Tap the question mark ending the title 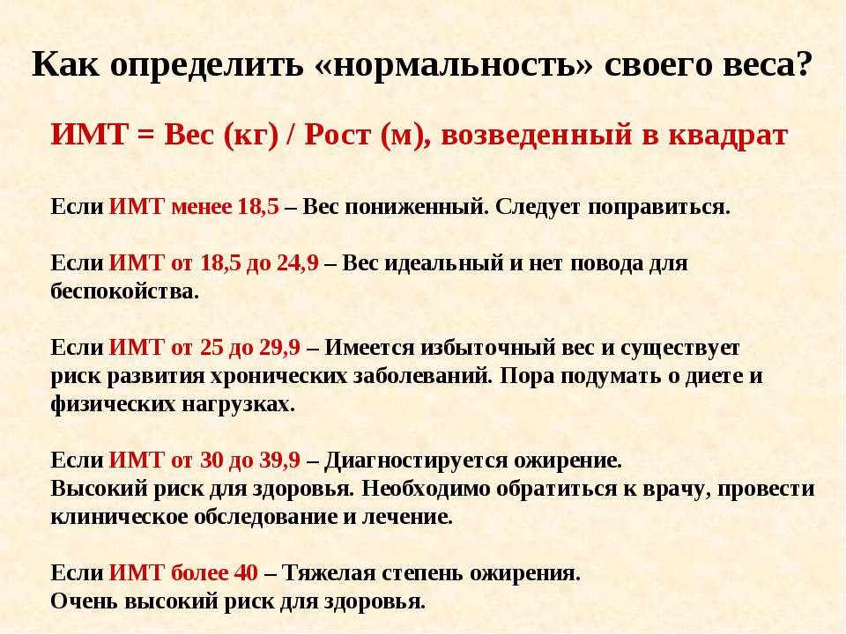803,64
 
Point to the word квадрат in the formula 728,136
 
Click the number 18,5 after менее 258,207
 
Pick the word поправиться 659,208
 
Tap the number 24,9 297,263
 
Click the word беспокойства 124,291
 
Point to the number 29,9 279,348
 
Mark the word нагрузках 238,404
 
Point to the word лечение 407,517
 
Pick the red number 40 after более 246,573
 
